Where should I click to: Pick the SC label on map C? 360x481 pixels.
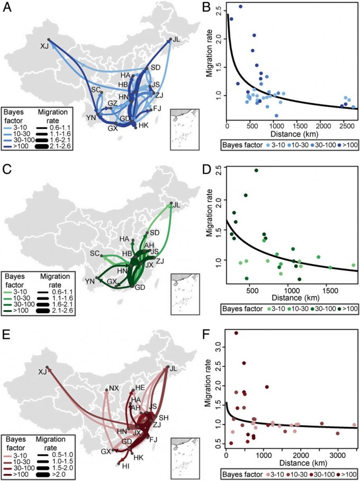tap(95, 254)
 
